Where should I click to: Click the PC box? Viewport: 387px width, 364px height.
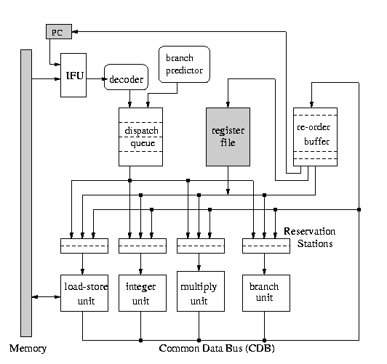click(59, 31)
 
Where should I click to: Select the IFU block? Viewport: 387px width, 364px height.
click(73, 75)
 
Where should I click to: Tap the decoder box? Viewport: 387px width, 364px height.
click(126, 77)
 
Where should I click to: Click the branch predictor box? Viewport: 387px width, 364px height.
click(184, 64)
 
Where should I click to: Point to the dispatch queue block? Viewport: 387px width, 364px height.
click(140, 137)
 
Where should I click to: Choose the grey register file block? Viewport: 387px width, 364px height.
click(228, 137)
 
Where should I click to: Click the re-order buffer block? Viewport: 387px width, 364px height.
click(315, 137)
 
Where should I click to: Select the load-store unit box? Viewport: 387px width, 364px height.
click(84, 293)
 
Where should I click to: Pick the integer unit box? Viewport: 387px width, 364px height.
click(143, 293)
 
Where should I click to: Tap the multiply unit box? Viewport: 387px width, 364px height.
click(201, 291)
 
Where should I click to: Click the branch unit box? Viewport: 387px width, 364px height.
click(266, 293)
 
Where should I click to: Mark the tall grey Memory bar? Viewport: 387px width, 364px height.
click(26, 193)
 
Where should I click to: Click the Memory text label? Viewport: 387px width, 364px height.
click(28, 349)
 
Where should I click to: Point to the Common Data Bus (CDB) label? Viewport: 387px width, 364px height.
click(217, 349)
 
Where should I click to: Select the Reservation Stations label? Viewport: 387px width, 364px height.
click(310, 238)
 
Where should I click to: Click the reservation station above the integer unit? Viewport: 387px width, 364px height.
click(143, 246)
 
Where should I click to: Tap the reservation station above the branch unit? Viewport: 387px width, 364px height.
click(266, 246)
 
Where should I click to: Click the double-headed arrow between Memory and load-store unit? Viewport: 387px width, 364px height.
click(46, 296)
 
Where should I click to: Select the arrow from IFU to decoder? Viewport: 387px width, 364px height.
click(96, 79)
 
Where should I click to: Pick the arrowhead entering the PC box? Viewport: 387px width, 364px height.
click(75, 31)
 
